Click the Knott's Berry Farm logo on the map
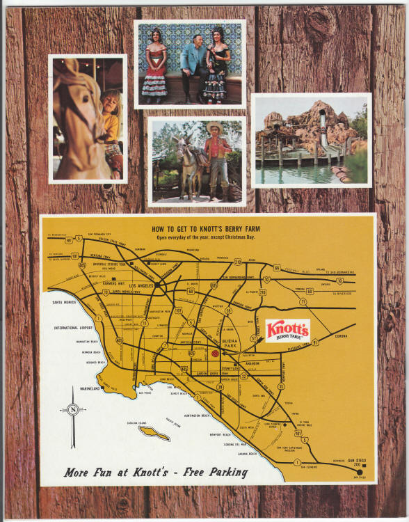[287, 329]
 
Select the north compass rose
[73, 409]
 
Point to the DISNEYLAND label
[236, 368]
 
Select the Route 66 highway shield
[276, 267]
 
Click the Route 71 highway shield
[303, 301]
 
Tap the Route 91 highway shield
[314, 342]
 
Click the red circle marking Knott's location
[215, 354]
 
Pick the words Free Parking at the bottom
[213, 473]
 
